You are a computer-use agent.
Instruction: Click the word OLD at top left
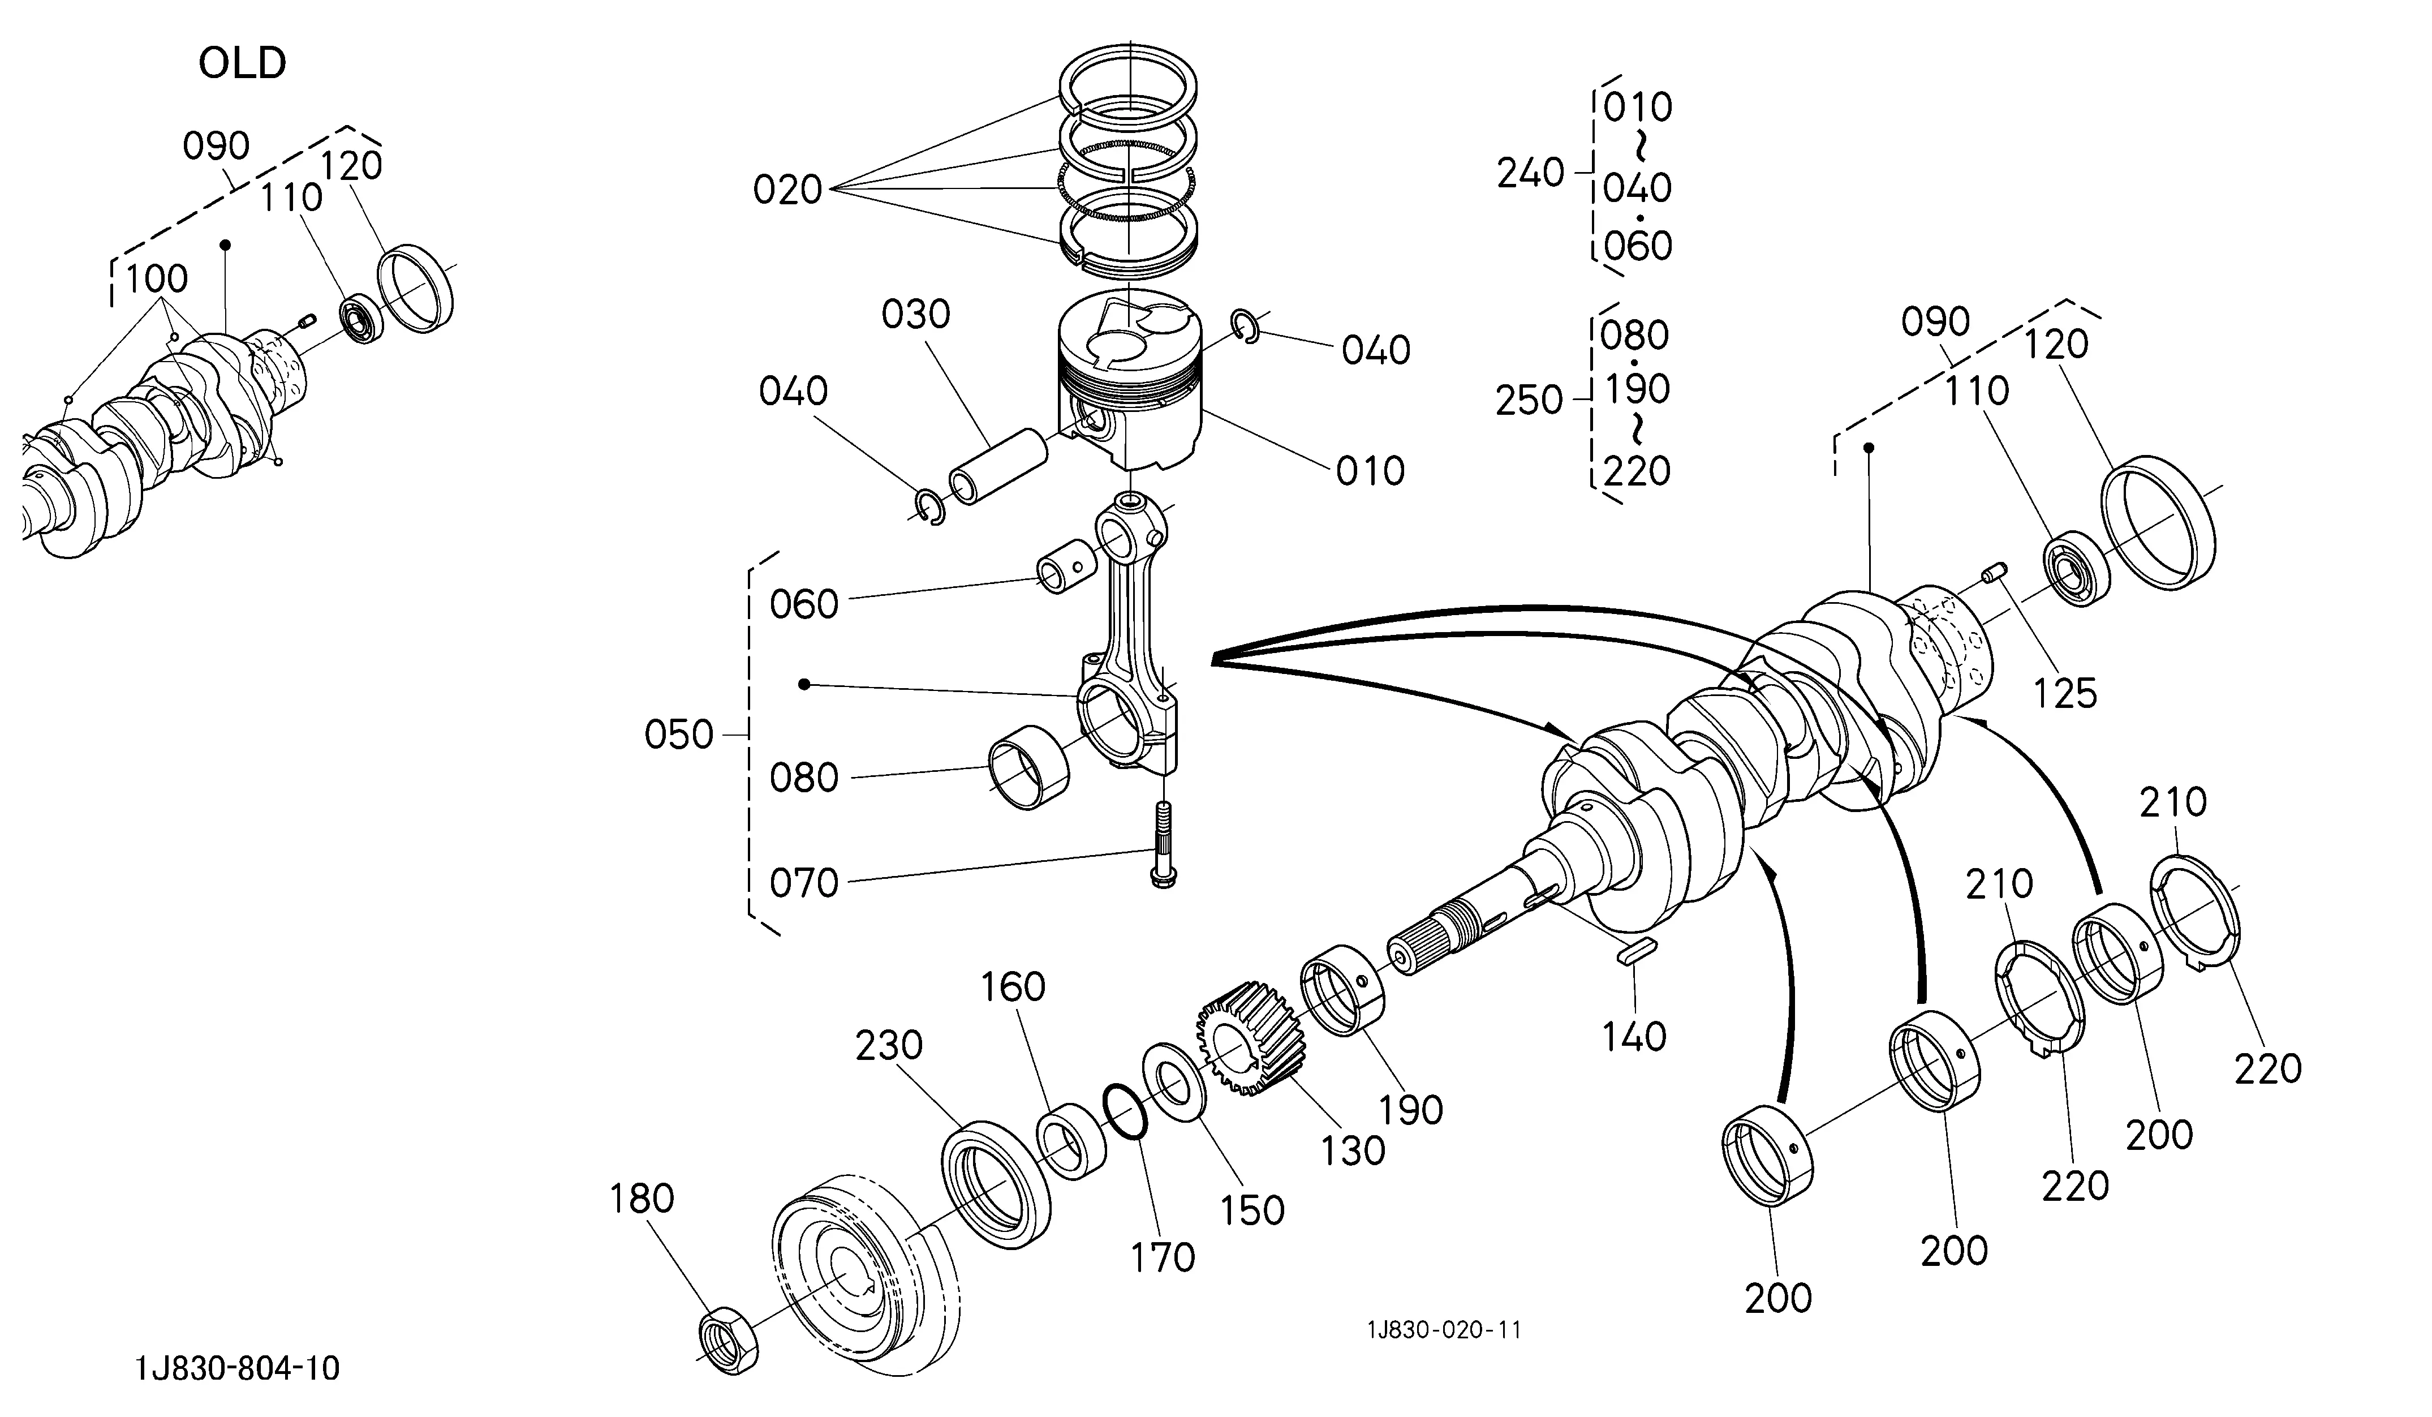click(242, 64)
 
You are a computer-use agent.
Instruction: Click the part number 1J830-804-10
click(238, 1368)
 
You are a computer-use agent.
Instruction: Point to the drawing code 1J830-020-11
click(1444, 1330)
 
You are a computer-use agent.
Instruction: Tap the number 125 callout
click(2065, 693)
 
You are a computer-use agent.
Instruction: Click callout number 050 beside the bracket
click(678, 736)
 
